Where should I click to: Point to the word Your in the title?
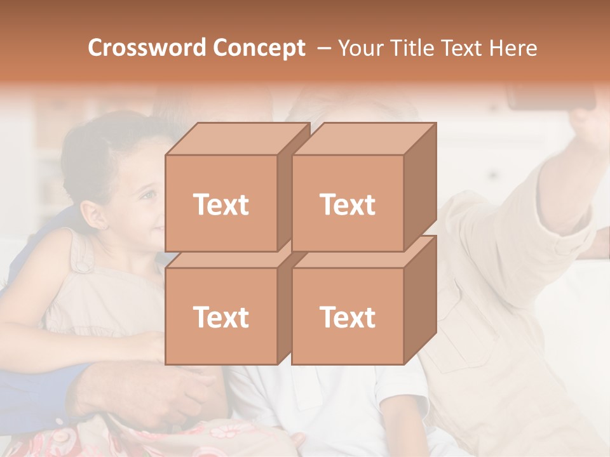[x=362, y=48]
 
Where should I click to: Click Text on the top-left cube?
[x=220, y=204]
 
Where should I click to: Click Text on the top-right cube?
[x=347, y=204]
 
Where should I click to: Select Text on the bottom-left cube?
[x=220, y=317]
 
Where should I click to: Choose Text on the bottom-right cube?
[x=347, y=317]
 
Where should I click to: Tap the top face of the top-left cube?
[x=237, y=139]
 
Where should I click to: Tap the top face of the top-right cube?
[x=363, y=139]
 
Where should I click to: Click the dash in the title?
[x=323, y=48]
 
